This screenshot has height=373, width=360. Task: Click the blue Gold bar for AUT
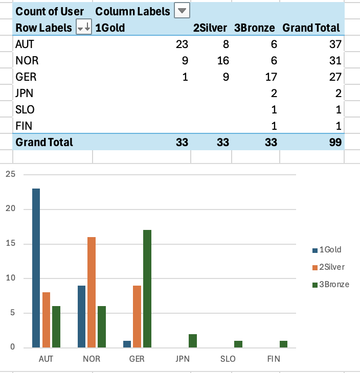pyautogui.click(x=36, y=268)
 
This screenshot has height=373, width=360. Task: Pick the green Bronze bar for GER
pyautogui.click(x=147, y=289)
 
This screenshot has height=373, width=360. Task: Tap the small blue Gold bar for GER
pyautogui.click(x=127, y=344)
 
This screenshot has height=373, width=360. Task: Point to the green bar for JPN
pyautogui.click(x=193, y=341)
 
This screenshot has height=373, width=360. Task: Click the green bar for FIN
pyautogui.click(x=284, y=344)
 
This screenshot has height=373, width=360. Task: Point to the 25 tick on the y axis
pyautogui.click(x=11, y=174)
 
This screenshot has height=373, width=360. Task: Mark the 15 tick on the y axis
pyautogui.click(x=11, y=244)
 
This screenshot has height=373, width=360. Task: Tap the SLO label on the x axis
pyautogui.click(x=228, y=359)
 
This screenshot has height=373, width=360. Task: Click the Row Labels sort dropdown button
pyautogui.click(x=83, y=28)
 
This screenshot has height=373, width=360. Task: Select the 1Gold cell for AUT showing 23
pyautogui.click(x=182, y=44)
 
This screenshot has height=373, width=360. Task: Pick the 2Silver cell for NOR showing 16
pyautogui.click(x=222, y=61)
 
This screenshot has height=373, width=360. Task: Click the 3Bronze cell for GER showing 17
pyautogui.click(x=271, y=77)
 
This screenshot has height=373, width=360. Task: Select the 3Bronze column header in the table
pyautogui.click(x=254, y=28)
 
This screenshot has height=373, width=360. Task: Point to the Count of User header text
pyautogui.click(x=50, y=11)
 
